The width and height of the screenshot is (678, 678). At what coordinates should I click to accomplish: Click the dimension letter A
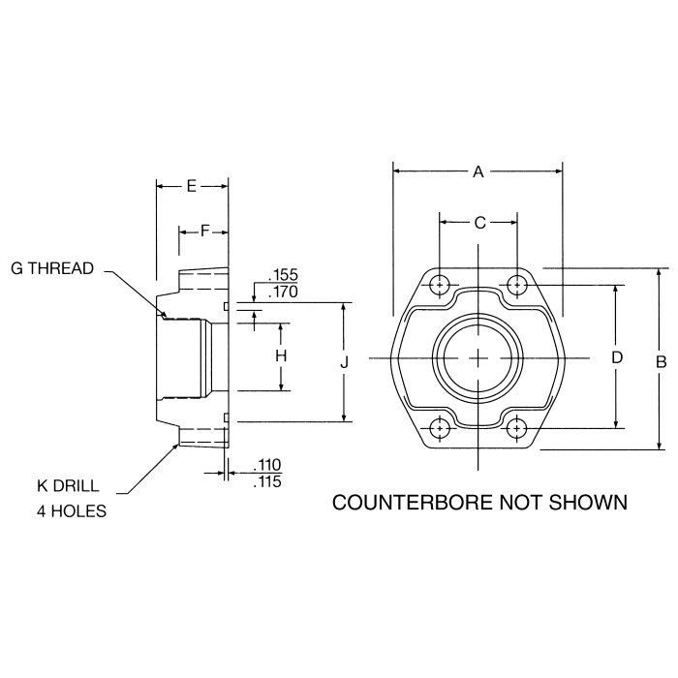pos(478,171)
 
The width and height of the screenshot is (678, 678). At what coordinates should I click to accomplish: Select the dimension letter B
pos(661,361)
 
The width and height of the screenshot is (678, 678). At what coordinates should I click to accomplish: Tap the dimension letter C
pos(478,223)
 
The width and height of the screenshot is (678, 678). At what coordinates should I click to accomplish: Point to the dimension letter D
pos(616,356)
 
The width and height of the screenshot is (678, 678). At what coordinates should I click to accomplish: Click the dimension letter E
pos(191,185)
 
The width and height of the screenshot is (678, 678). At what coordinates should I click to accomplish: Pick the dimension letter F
pos(204,231)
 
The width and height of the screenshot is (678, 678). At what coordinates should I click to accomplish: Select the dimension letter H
pos(282,355)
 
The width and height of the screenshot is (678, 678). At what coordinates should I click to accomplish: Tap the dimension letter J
pos(345,361)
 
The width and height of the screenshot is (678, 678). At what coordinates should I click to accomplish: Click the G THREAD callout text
pos(52,268)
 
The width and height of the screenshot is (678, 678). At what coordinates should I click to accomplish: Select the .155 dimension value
pos(281,276)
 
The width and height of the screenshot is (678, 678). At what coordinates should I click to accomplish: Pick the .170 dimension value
pos(281,291)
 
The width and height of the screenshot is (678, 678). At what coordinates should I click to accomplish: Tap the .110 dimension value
pos(265,466)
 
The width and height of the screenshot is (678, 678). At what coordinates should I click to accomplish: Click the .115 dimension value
pos(265,480)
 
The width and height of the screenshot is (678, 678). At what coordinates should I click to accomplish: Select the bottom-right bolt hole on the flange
pos(518,427)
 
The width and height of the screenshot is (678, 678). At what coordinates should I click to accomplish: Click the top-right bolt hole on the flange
pos(518,285)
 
